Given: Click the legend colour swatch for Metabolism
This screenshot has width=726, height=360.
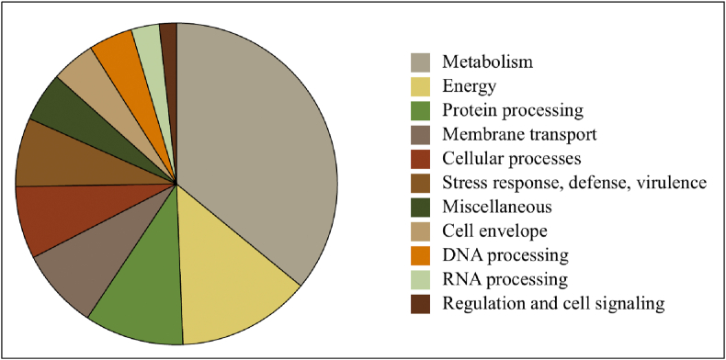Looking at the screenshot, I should click(x=422, y=62).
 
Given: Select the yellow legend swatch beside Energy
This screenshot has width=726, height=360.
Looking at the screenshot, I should click(x=422, y=86).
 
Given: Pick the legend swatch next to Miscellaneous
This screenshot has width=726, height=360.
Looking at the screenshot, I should click(x=422, y=207).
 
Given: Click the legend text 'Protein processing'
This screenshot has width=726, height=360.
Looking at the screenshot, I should click(x=513, y=110).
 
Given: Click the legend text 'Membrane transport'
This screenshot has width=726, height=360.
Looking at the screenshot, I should click(x=519, y=134).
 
